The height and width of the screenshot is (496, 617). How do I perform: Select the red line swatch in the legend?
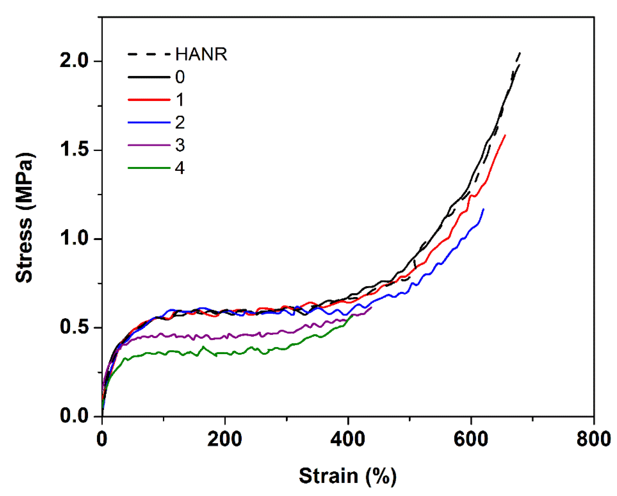[x=149, y=100]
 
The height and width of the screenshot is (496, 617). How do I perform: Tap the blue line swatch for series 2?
[x=149, y=122]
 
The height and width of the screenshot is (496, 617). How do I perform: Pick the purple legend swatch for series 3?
[x=149, y=145]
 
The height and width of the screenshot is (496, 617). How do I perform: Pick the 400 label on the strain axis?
[x=348, y=439]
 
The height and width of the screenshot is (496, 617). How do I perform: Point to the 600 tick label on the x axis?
[x=471, y=439]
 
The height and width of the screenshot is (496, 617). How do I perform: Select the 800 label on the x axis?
[x=594, y=439]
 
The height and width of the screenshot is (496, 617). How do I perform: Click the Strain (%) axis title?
[x=348, y=476]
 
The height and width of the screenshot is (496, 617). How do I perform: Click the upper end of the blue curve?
[x=484, y=209]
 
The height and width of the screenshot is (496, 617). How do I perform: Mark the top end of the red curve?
[x=505, y=135]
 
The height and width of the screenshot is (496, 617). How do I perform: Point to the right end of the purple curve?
[x=372, y=307]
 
